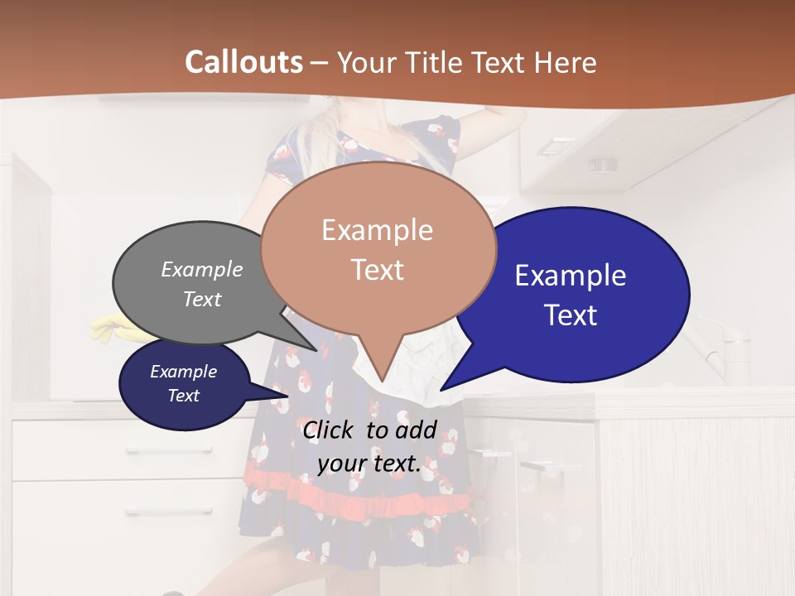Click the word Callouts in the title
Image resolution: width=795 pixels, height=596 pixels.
(x=243, y=62)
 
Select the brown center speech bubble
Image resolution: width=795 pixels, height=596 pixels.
(x=378, y=248)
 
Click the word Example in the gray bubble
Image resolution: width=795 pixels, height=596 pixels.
(x=202, y=270)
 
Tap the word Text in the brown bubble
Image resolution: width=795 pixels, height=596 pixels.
(x=378, y=270)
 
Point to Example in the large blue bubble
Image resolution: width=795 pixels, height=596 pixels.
(x=571, y=275)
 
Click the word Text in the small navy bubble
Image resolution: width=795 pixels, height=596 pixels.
(x=184, y=396)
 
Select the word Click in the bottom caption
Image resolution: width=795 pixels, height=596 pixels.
(x=330, y=430)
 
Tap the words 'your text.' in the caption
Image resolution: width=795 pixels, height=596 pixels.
(x=369, y=464)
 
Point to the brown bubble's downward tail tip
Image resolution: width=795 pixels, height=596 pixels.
(x=382, y=381)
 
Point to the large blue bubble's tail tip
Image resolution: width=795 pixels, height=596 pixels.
(x=441, y=390)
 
